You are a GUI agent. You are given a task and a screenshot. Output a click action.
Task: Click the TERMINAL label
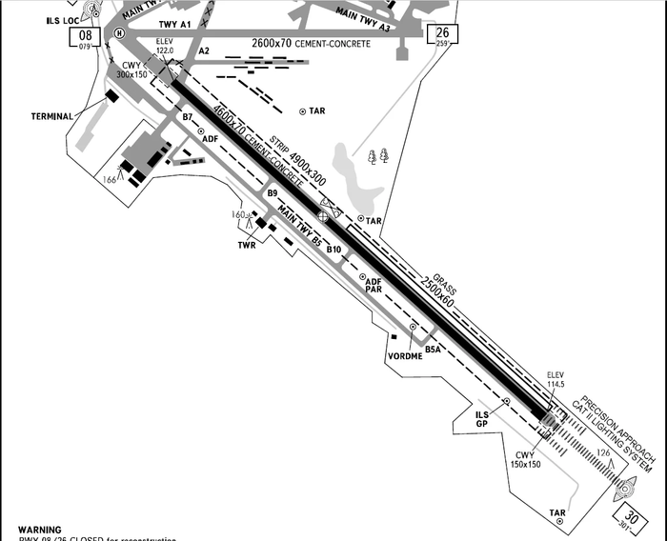point(52,116)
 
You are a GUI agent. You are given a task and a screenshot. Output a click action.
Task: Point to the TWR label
point(248,245)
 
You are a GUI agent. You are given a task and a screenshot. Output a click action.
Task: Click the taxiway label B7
point(188,117)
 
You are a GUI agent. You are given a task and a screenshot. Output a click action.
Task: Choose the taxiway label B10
point(333,250)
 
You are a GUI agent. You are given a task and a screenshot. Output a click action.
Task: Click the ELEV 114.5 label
point(556,379)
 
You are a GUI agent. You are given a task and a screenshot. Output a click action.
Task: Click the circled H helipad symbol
point(119,33)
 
